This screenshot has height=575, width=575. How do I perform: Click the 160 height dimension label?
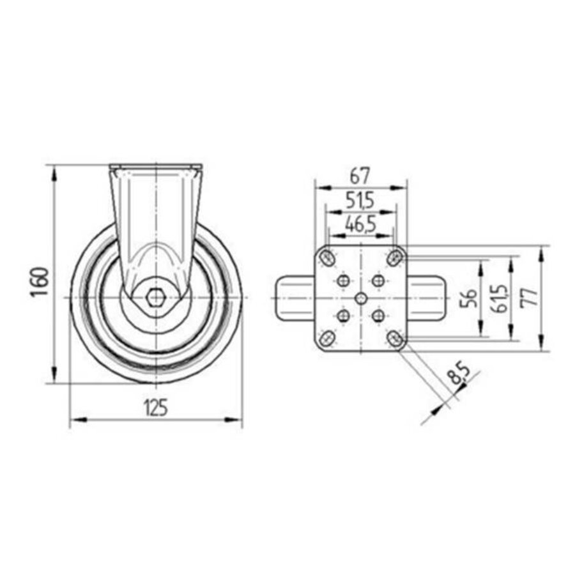[x=40, y=281]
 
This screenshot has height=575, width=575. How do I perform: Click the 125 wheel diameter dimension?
[x=155, y=406]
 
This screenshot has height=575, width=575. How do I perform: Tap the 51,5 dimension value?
[x=360, y=201]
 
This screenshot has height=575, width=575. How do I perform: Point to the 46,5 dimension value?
[x=360, y=224]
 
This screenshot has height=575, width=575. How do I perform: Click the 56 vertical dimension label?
[x=470, y=298]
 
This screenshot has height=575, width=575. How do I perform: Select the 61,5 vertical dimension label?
[x=500, y=298]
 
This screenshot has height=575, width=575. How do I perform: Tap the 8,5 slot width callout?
[x=457, y=373]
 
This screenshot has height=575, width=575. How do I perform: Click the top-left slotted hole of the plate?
[x=327, y=258]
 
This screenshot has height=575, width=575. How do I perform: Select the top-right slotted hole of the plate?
[x=396, y=258]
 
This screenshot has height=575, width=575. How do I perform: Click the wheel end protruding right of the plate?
[x=425, y=298]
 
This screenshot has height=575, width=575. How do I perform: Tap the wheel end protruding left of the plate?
[x=295, y=298]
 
